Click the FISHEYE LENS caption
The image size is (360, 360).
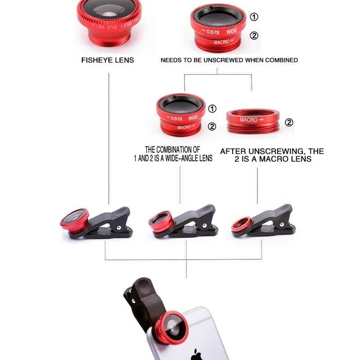(108, 60)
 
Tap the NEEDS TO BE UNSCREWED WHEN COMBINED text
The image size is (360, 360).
(229, 60)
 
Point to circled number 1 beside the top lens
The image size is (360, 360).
(254, 17)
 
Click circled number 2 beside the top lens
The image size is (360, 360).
(254, 36)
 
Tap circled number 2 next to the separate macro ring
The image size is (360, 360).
(289, 122)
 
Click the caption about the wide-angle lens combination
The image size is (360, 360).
(179, 154)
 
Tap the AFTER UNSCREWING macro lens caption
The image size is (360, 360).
(272, 155)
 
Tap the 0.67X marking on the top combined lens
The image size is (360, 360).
(212, 31)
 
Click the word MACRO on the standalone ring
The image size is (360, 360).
(248, 120)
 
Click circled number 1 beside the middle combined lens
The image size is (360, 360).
(212, 108)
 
